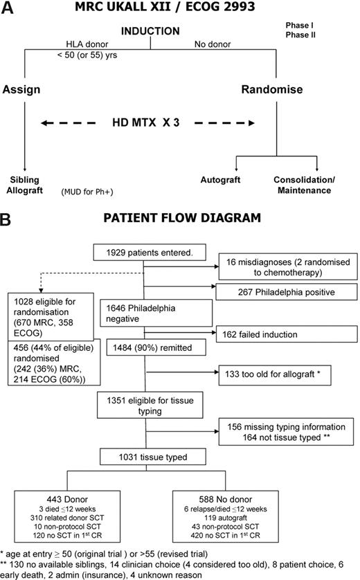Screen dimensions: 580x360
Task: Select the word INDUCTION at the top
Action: (x=150, y=32)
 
